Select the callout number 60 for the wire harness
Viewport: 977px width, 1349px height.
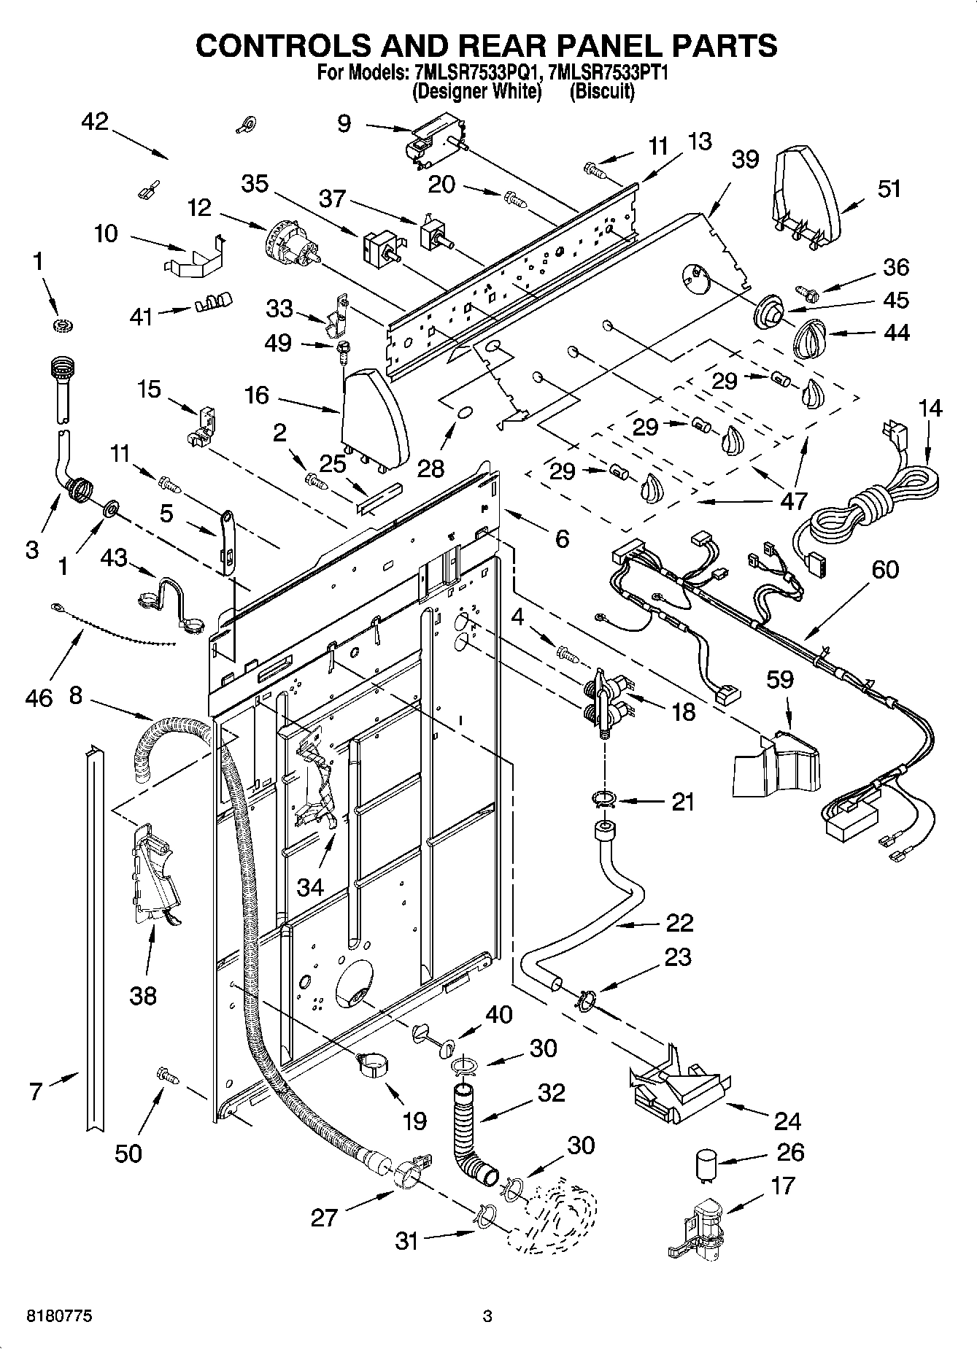coord(884,569)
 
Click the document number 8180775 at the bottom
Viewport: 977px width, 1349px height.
coord(59,1316)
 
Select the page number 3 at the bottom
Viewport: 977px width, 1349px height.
coord(487,1316)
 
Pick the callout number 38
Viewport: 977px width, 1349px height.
coord(143,994)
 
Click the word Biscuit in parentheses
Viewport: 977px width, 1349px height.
coord(602,91)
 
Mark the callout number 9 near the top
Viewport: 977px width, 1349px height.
coord(344,123)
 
